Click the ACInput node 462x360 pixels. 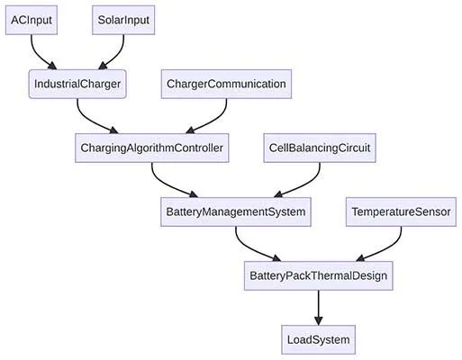pyautogui.click(x=32, y=20)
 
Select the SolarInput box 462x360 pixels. pyautogui.click(x=122, y=20)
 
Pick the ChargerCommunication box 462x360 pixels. pyautogui.click(x=226, y=85)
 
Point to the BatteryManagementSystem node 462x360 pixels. pyautogui.click(x=236, y=213)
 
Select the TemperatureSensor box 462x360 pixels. pyautogui.click(x=401, y=213)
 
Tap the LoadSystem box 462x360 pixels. pyautogui.click(x=318, y=341)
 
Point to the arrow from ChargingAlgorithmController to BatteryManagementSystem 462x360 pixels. pyautogui.click(x=167, y=179)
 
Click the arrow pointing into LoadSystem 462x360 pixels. pyautogui.click(x=318, y=306)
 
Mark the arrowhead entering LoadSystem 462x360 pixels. pyautogui.click(x=318, y=319)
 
